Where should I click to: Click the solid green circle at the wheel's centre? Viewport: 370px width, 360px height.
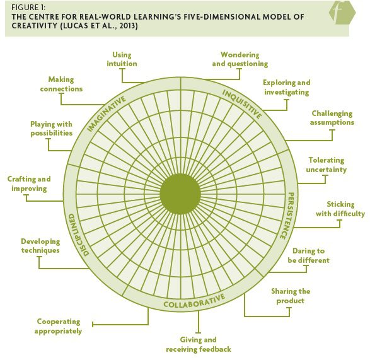(x=180, y=194)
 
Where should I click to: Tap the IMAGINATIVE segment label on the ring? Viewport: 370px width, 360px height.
(x=107, y=113)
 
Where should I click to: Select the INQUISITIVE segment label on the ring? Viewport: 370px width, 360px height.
(x=242, y=104)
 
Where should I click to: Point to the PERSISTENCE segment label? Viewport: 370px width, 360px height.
(x=287, y=216)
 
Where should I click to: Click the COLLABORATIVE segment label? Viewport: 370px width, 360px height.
(x=194, y=301)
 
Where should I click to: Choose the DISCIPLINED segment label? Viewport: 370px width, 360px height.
(x=76, y=235)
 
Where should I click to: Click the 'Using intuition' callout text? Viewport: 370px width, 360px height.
(x=122, y=59)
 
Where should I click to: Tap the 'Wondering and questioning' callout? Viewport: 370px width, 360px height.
(x=240, y=59)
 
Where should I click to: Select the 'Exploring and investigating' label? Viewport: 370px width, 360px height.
(x=286, y=88)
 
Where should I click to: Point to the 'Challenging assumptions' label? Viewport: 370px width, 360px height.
(x=332, y=118)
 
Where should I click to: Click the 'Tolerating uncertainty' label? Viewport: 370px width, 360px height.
(x=327, y=165)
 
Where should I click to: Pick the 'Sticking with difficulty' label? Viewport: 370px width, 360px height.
(x=340, y=209)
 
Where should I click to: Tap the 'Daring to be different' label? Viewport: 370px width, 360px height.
(x=308, y=255)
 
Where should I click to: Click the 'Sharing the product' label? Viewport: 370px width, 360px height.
(x=291, y=296)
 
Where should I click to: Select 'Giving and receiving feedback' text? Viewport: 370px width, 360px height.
(x=199, y=344)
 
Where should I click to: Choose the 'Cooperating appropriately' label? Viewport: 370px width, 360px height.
(x=58, y=326)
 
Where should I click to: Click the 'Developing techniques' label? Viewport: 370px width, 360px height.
(x=40, y=246)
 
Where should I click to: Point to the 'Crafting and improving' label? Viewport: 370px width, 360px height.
(x=29, y=183)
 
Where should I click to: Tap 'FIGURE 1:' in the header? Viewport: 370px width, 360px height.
(x=28, y=8)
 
